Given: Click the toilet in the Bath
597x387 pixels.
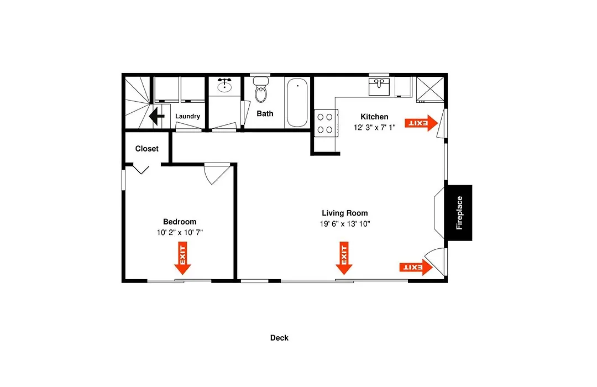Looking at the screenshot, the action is (261, 90).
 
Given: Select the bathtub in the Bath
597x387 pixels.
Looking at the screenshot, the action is (297, 102).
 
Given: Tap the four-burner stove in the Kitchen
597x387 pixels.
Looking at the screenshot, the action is (326, 123).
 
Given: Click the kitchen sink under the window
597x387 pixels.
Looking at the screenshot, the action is (379, 87).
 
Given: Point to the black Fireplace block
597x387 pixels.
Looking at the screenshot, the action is (459, 213).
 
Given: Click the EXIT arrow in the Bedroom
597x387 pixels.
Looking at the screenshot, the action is (182, 258).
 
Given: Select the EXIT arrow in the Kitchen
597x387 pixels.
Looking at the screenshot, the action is (421, 123).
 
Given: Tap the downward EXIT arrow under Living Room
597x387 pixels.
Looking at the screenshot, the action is (344, 258).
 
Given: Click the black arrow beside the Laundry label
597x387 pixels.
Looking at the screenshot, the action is (156, 116).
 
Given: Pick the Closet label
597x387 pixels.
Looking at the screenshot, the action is (146, 149).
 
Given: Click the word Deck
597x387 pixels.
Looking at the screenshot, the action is (279, 338).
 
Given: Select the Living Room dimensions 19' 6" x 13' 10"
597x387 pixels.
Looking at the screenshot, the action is (344, 224).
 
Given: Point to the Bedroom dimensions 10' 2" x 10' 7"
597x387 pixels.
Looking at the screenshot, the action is (180, 232).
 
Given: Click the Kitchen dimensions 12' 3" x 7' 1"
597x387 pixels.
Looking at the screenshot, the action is (375, 128).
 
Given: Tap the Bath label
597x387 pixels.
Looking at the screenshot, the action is (265, 113).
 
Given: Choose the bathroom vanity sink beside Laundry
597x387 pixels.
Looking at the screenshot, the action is (224, 86).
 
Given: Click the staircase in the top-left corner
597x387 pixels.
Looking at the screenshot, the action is (138, 102).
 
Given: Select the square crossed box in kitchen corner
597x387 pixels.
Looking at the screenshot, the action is (430, 90).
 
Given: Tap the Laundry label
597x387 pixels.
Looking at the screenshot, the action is (187, 116).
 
